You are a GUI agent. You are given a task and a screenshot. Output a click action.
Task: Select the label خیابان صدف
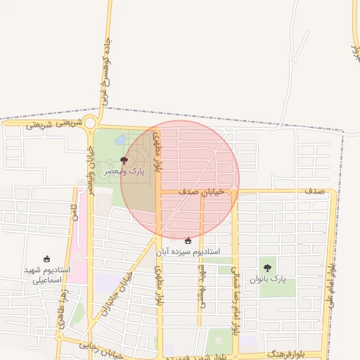(x=201, y=191)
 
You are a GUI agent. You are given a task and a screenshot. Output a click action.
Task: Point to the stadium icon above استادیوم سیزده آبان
(x=187, y=241)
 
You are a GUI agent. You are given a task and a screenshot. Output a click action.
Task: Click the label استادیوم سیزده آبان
(x=187, y=251)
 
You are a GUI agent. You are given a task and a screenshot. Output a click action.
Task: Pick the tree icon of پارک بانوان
(x=266, y=268)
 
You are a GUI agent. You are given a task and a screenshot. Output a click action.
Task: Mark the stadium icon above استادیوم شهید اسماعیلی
(x=46, y=259)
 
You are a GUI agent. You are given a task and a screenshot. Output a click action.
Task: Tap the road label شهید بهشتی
(x=202, y=285)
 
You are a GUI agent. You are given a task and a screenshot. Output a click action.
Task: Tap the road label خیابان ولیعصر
(x=90, y=169)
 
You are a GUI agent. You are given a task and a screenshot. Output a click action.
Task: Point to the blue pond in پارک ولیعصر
(x=122, y=140)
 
